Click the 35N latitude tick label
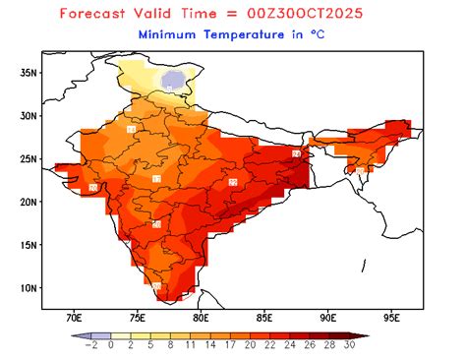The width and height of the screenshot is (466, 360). (x=29, y=72)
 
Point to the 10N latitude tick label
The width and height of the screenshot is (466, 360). (x=29, y=288)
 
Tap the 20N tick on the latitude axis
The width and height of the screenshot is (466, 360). (x=29, y=202)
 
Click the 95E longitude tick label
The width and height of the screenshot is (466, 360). (x=392, y=318)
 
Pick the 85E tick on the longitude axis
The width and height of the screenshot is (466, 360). (x=264, y=318)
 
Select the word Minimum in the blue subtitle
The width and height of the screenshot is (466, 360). (x=172, y=34)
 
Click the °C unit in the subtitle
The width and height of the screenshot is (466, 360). (x=320, y=34)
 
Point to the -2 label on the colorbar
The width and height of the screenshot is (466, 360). (x=90, y=346)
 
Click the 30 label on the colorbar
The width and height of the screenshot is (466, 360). (x=349, y=346)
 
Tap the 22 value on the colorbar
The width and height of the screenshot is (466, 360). (x=269, y=346)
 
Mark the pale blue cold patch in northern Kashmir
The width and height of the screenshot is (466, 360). (x=174, y=79)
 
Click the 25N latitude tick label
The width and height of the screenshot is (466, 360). (x=29, y=158)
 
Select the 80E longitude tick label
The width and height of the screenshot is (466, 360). (x=201, y=318)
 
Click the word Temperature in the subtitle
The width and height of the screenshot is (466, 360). (x=249, y=34)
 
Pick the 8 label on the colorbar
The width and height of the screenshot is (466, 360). (x=170, y=346)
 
